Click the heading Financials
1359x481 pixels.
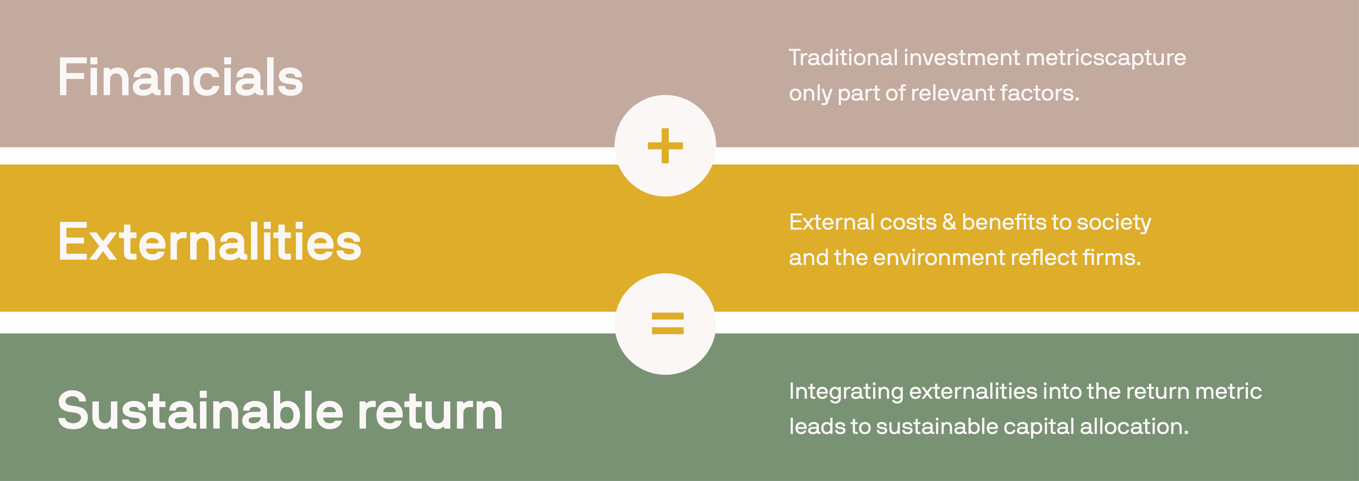180,78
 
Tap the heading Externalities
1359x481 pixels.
209,242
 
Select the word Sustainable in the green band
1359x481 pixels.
200,411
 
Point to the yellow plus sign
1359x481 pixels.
665,146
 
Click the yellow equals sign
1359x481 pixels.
667,323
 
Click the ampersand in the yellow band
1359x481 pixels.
949,222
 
